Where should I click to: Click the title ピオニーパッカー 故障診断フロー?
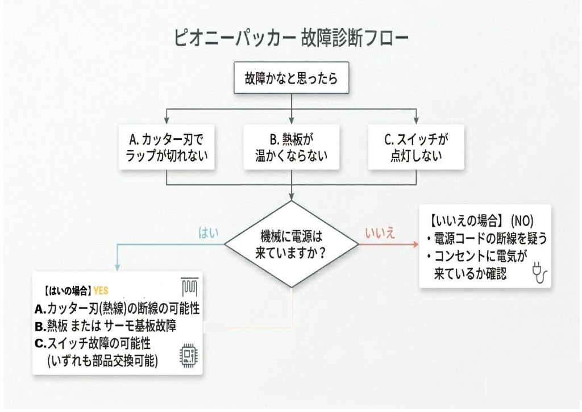[x=290, y=39]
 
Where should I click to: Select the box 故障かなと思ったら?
[x=290, y=78]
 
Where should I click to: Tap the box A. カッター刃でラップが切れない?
[x=167, y=147]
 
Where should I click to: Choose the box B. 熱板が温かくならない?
[x=291, y=147]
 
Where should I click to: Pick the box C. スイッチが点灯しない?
[x=417, y=147]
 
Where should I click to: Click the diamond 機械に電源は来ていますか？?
[x=290, y=244]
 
